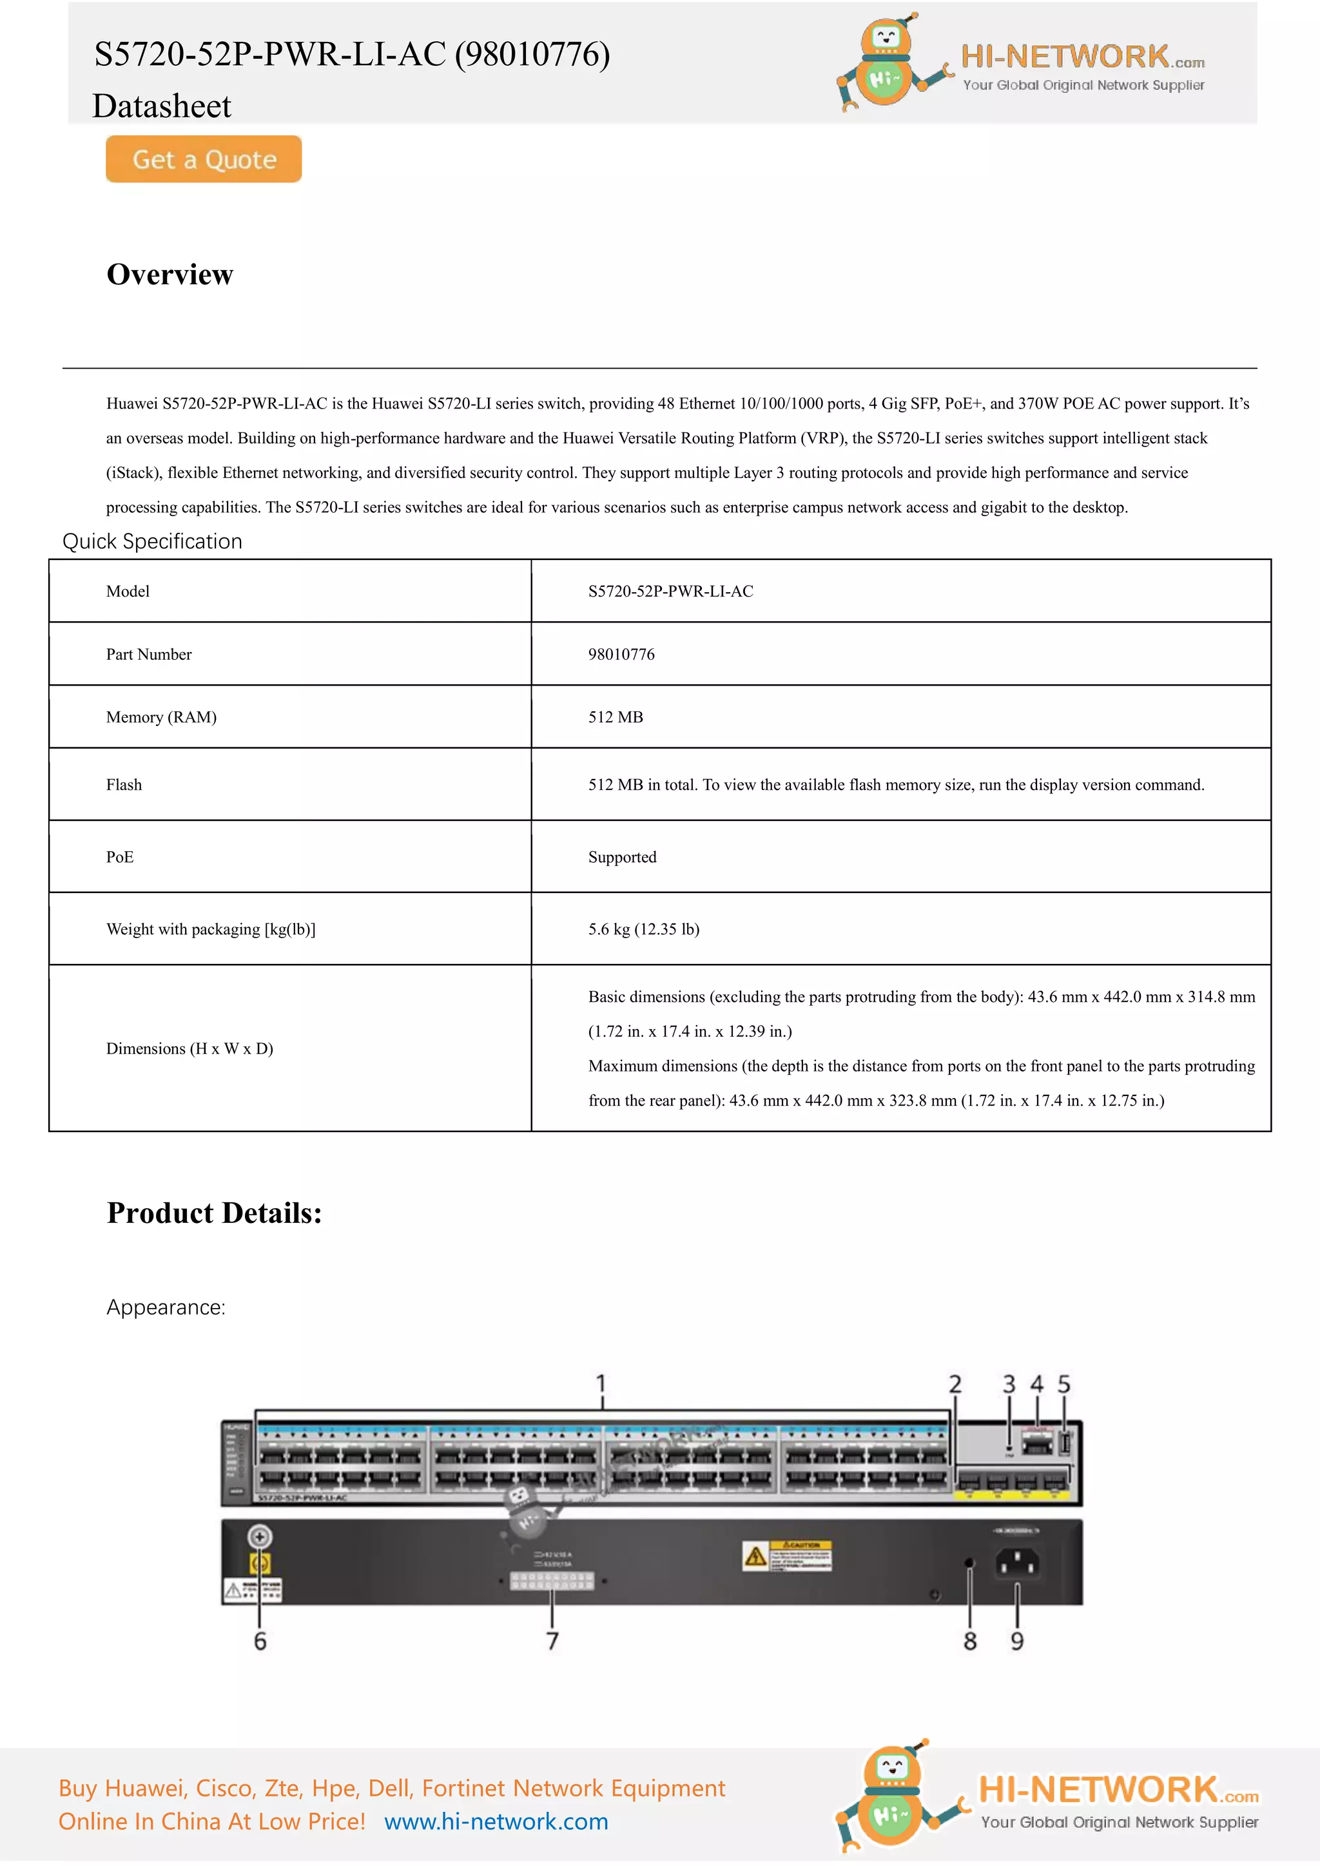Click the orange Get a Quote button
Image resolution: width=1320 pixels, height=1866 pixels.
pos(203,159)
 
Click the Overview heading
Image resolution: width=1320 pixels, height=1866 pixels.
pos(170,274)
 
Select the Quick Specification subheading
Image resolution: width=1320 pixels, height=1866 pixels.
pos(152,541)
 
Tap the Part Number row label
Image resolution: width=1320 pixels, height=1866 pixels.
pos(149,654)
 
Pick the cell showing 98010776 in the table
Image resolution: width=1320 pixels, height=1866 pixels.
pos(621,654)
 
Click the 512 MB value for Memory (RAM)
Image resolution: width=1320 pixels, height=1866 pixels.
pos(616,717)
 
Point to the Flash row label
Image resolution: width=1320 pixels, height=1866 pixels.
pos(124,784)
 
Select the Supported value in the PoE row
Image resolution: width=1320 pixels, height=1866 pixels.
pos(622,856)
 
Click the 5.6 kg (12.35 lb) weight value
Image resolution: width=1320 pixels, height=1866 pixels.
pos(643,929)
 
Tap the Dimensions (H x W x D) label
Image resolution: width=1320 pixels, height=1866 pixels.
pos(189,1048)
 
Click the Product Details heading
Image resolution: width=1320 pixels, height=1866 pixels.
pos(215,1213)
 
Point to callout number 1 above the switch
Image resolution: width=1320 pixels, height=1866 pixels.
pos(601,1383)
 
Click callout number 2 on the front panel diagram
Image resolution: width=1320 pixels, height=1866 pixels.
pos(955,1384)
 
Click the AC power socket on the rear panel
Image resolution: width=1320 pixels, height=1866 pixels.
pos(1017,1561)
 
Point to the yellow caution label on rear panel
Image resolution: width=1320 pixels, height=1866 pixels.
pos(787,1555)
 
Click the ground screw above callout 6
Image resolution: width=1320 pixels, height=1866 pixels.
pos(259,1536)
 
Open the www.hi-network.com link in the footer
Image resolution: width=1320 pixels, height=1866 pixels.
pos(496,1822)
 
